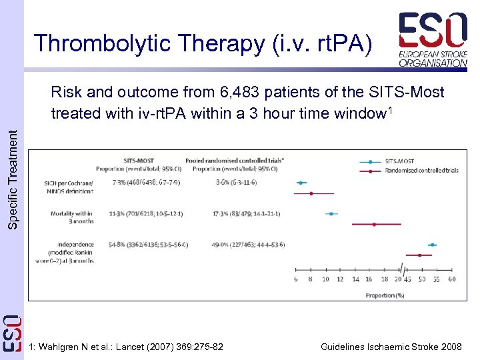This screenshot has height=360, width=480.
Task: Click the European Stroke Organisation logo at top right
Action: click(433, 39)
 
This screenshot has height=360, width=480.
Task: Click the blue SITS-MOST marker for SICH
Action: click(301, 183)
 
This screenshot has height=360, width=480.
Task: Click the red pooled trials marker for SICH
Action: click(311, 193)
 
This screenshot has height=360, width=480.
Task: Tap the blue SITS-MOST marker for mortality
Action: click(331, 214)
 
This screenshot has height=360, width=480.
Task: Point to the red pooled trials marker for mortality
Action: click(374, 225)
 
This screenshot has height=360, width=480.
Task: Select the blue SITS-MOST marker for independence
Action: click(432, 245)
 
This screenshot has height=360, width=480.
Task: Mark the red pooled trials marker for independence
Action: click(419, 255)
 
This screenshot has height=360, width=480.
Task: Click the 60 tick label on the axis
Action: click(452, 279)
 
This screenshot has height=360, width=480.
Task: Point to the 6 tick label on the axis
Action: click(296, 279)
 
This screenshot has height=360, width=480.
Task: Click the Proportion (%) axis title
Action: click(385, 294)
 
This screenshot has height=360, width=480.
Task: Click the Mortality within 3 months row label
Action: click(71, 217)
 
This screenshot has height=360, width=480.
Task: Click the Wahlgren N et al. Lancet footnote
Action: click(127, 347)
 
